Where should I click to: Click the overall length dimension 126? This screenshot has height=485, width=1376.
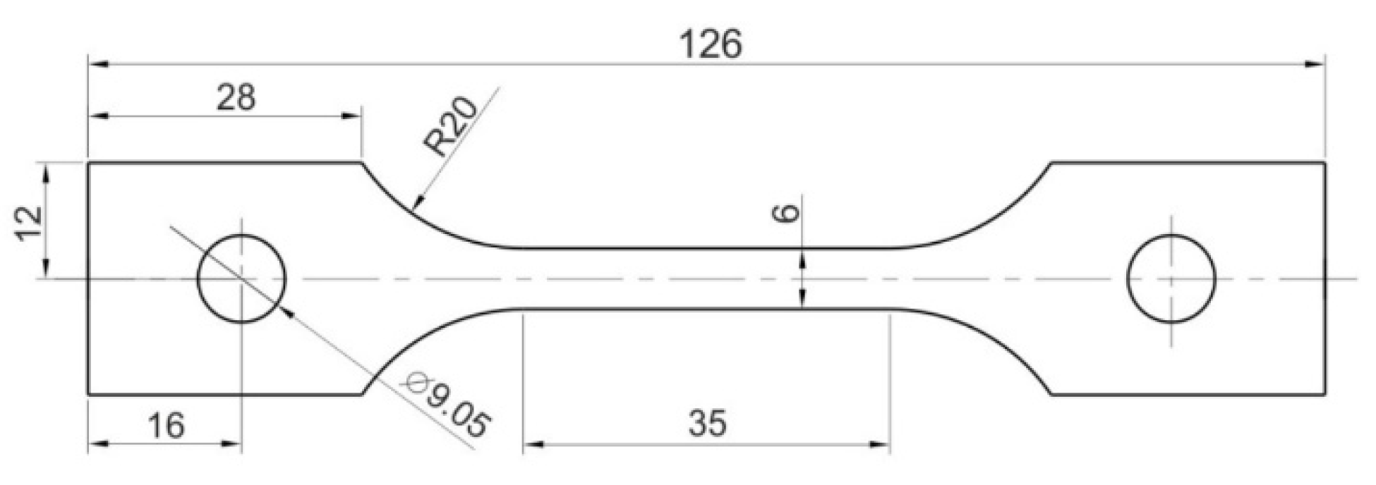(x=711, y=44)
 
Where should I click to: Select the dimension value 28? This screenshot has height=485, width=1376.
(x=236, y=97)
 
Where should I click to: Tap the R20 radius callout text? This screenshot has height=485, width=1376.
(x=450, y=127)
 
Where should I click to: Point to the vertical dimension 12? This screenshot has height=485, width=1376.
(x=30, y=223)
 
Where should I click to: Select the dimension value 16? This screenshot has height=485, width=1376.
(x=166, y=425)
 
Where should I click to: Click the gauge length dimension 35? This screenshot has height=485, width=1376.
(x=707, y=424)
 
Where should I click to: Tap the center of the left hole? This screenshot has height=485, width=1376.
(x=241, y=278)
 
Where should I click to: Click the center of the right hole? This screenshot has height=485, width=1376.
(x=1171, y=278)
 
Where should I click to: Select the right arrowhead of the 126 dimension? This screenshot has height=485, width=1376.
(x=1315, y=64)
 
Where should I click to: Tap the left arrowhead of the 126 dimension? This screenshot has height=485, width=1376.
(x=97, y=64)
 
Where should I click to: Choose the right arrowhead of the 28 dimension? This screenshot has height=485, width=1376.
(x=353, y=116)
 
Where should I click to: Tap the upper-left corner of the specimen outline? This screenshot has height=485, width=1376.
(x=88, y=163)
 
